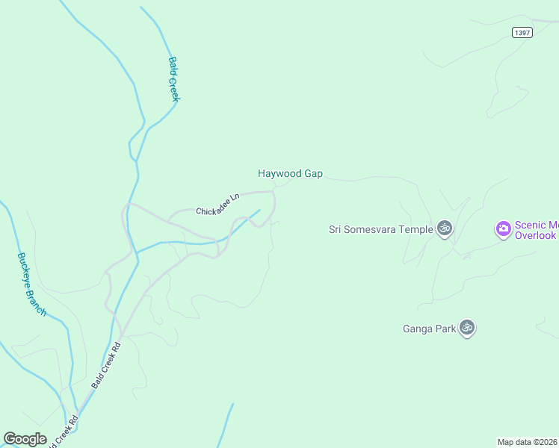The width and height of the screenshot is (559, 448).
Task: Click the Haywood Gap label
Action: coord(290,173)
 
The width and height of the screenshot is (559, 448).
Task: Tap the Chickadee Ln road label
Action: coord(217,205)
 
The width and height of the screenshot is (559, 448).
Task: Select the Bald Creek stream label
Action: coord(173,79)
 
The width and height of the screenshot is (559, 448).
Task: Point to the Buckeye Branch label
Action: coord(31,284)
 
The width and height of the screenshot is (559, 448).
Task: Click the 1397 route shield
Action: coord(522,32)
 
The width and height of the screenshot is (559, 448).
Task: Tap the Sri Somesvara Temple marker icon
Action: coord(445,228)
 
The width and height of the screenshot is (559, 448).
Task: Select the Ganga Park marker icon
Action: coord(467,327)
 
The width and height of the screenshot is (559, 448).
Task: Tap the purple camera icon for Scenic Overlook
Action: coord(504,228)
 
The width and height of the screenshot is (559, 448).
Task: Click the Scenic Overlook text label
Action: coord(536,230)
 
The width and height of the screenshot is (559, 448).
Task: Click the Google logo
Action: coord(25,439)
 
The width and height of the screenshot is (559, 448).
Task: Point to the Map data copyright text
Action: coord(528,441)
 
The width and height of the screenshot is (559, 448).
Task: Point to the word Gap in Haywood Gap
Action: coord(313,173)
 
